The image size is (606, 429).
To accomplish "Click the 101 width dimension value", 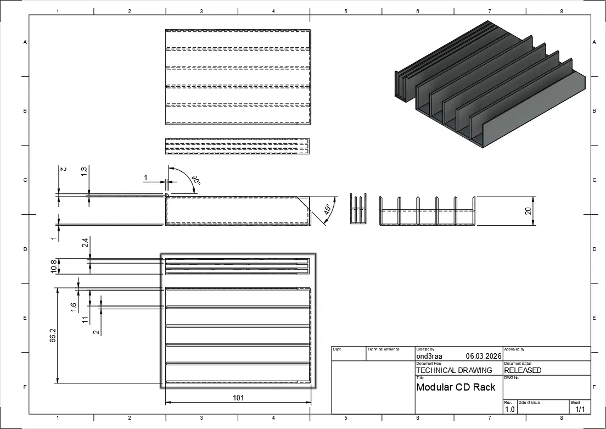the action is coord(238,398).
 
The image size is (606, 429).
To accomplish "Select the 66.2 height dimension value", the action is coord(53,336).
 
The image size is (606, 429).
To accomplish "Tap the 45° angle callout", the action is coord(327,210).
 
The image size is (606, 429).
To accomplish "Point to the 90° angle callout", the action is coord(197,180).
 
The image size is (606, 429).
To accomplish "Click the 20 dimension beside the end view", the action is coord(528,211).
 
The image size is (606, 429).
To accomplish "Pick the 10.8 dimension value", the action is coord(54,266).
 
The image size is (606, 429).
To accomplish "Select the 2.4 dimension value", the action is coord(86,243).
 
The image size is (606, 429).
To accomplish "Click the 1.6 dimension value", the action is coord(74,307).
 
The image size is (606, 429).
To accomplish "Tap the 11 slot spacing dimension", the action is coord(86,320).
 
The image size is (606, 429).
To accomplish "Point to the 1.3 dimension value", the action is coord(84,171).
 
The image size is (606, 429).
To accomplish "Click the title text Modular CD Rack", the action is coord(456,387).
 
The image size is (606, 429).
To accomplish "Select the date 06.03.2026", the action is coord(484,356).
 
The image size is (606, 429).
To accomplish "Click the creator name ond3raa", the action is coord(429,356).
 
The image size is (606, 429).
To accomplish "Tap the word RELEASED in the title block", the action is coord(523,370).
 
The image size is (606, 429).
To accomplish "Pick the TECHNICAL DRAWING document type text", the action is coord(454,370).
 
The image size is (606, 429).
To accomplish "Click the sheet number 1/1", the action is coord(580,409).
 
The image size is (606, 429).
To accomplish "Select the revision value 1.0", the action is coord(510,409).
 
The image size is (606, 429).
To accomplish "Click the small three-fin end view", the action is coord(358,209).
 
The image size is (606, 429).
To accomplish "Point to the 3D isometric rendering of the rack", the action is coord(490,85).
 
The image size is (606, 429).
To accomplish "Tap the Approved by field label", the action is coord(514,349).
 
